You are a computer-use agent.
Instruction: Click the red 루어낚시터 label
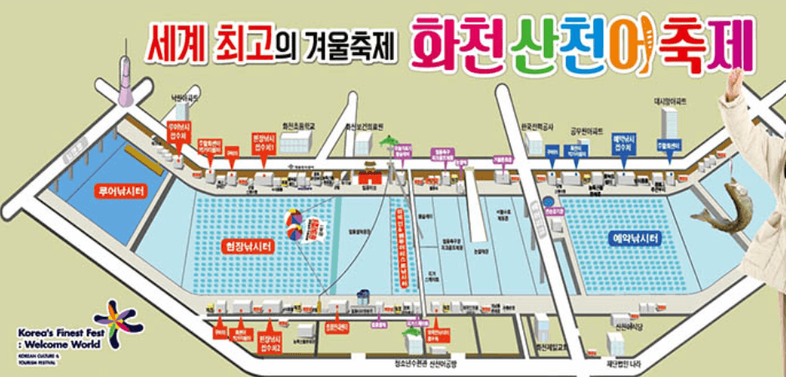coord(121,191)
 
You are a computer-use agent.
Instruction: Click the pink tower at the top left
coord(125,79)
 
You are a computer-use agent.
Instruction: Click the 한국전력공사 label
coord(537,128)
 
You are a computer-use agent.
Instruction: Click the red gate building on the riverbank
coord(366,178)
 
